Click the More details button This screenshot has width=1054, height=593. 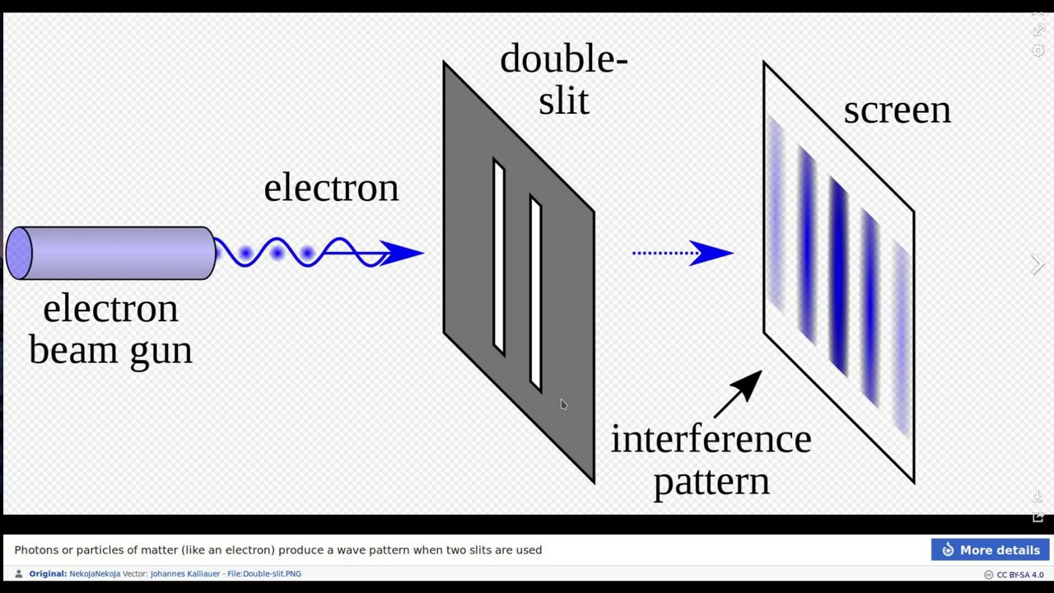990,550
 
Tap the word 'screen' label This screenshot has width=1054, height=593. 897,110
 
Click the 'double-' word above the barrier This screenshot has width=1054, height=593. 563,59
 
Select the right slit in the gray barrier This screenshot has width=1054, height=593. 536,293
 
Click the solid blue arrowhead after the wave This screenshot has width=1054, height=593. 403,253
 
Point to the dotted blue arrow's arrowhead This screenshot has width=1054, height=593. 711,253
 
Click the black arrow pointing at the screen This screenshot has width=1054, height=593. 739,393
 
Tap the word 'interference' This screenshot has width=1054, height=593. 711,439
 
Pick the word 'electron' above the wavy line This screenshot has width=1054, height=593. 331,188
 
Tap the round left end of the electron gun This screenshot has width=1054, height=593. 19,253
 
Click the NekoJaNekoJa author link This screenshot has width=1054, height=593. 95,574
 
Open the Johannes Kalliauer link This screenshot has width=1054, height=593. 184,574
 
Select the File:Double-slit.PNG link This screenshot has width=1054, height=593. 264,574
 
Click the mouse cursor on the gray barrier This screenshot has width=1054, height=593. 563,404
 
